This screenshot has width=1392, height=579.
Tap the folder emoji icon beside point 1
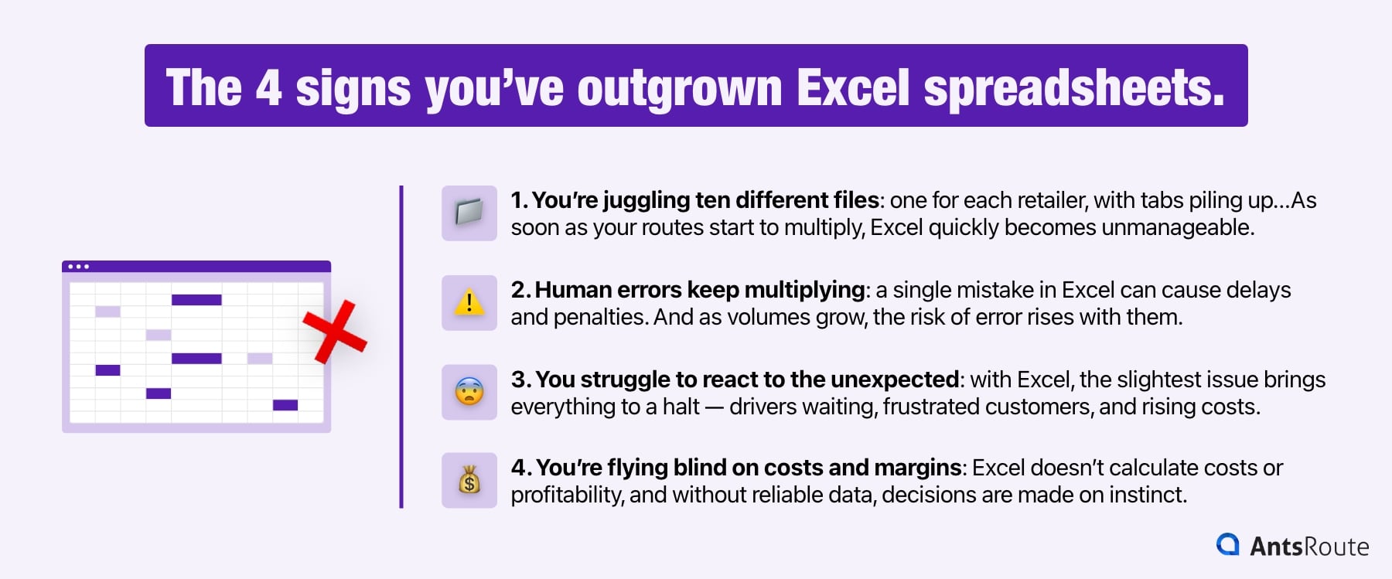pos(469,213)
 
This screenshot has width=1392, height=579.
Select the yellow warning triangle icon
pos(469,302)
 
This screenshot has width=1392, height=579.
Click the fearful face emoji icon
pos(469,392)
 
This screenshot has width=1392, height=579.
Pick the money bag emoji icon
pos(469,481)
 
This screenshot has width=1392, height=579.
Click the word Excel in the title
pos(853,87)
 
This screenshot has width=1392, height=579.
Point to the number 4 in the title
pos(268,87)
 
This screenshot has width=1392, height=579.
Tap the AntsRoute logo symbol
pos(1227,544)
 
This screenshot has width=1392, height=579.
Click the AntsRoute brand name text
pos(1309,547)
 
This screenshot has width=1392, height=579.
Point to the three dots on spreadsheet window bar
pos(78,267)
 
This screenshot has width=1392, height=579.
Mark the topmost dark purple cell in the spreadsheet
pos(196,300)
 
